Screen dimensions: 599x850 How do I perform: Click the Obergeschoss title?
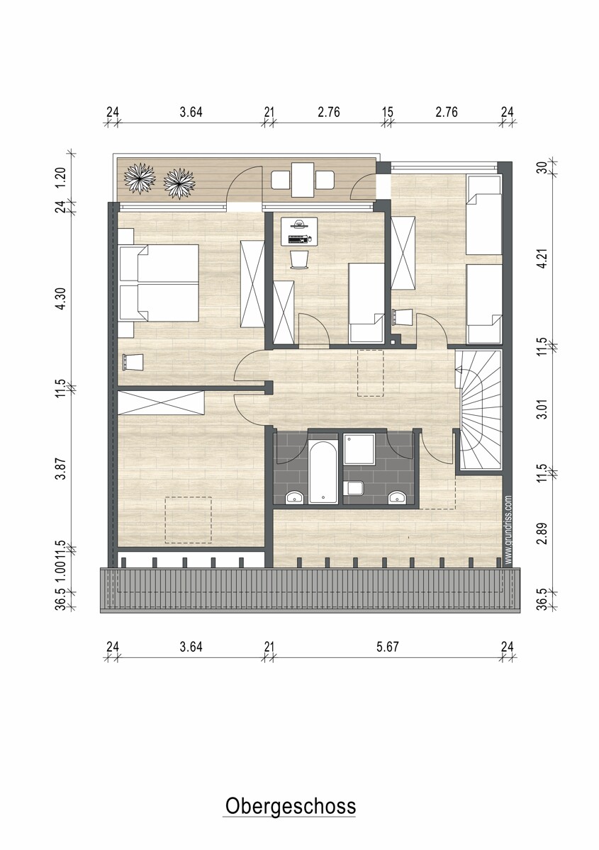click(290, 807)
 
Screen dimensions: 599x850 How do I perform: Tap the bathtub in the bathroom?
click(323, 472)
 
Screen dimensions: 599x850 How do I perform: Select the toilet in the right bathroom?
click(354, 488)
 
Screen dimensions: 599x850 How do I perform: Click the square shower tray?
click(359, 449)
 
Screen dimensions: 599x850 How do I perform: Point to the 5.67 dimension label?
click(388, 647)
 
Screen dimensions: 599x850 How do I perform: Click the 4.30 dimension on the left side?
click(61, 299)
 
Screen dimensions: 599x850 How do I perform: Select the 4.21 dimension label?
click(543, 258)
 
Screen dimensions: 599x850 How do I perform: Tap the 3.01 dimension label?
click(543, 408)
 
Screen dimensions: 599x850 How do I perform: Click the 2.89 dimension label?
click(543, 533)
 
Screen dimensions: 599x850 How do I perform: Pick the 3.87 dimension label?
click(61, 469)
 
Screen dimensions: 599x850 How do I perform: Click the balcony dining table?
click(303, 180)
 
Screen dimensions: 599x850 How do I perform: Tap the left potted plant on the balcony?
click(140, 178)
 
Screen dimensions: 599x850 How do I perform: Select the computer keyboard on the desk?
click(298, 239)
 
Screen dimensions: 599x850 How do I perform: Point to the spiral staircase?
click(480, 410)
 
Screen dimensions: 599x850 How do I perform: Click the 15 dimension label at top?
click(388, 113)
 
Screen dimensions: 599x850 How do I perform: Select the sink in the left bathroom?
click(294, 497)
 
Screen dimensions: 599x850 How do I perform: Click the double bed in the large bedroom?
click(159, 283)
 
